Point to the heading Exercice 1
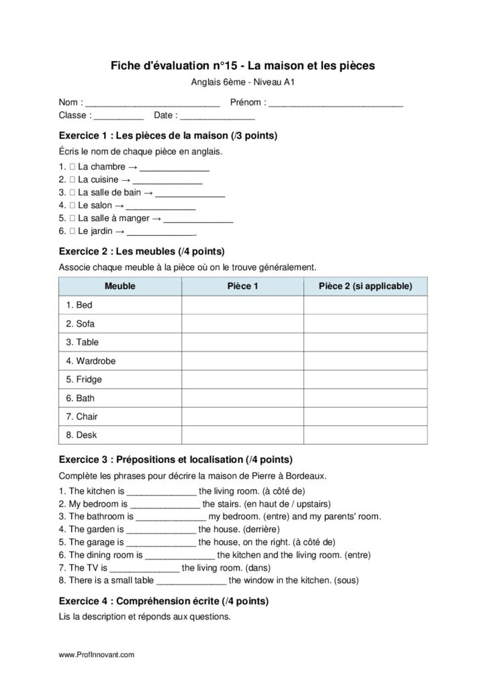168,135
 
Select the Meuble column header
120,286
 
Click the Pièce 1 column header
242,286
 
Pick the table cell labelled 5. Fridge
120,380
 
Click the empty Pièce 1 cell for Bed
242,305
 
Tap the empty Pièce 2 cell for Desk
365,435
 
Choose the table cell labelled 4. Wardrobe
120,361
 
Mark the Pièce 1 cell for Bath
242,398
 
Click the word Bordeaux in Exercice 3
307,476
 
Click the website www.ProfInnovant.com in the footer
97,654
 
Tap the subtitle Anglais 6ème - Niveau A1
243,83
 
